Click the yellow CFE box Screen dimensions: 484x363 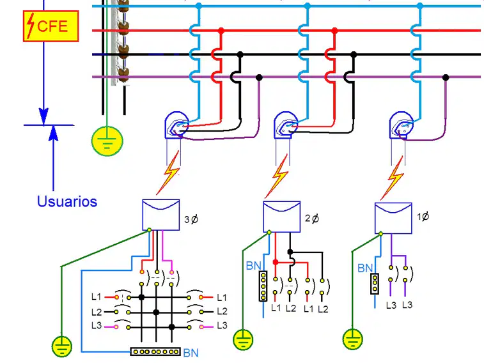[51, 26]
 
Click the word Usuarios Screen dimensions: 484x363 [67, 201]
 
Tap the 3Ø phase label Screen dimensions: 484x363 [191, 219]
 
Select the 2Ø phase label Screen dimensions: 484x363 [312, 219]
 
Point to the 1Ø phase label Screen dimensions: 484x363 [423, 217]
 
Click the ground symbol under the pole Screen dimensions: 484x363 [107, 141]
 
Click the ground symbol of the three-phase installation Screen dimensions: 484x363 [62, 346]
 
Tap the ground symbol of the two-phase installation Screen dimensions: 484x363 [243, 339]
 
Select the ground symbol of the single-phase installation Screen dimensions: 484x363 [352, 339]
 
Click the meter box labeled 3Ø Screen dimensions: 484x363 [161, 215]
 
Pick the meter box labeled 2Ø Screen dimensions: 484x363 [281, 217]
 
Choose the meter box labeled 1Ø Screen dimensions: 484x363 [393, 218]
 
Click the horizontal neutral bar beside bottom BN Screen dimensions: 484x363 [155, 351]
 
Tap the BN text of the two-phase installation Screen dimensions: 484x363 [253, 266]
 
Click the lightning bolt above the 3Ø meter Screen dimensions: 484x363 [168, 173]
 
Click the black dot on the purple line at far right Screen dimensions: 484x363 [446, 77]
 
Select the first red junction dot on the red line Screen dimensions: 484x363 [221, 31]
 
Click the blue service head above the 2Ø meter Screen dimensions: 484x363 [286, 125]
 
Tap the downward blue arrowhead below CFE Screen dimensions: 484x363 [43, 116]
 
